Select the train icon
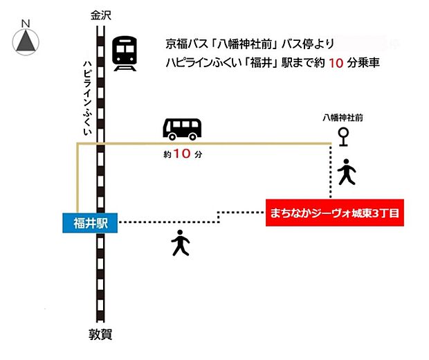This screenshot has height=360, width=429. point(125,53)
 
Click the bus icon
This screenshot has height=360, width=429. point(183,128)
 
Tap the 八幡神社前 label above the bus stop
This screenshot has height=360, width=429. point(342,118)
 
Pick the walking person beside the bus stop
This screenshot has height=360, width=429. point(346,172)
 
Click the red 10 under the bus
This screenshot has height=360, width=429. point(182,155)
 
